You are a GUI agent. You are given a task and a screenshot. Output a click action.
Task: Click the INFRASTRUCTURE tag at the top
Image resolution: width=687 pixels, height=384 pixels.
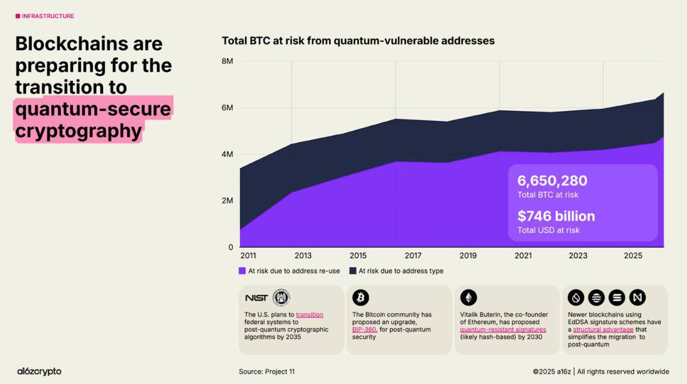[48, 16]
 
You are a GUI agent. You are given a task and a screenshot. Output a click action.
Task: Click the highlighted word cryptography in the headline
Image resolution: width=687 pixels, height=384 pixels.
[78, 131]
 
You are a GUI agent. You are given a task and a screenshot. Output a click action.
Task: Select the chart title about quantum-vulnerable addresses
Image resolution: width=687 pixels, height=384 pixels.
[358, 41]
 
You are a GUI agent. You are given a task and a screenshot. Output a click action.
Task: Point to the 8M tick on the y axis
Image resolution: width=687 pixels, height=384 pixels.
[227, 61]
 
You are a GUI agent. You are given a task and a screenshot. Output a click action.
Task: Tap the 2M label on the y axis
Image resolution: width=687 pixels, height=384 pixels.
[227, 201]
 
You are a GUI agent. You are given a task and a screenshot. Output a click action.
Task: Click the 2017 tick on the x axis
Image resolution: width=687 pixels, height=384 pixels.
[413, 255]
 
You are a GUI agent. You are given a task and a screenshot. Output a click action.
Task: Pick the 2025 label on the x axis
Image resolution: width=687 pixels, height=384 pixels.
[633, 255]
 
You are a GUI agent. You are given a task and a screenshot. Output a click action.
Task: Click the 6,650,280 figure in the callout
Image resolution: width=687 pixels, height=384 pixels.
[552, 181]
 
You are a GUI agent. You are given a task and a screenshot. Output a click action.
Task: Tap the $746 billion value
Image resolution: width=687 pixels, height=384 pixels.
[556, 216]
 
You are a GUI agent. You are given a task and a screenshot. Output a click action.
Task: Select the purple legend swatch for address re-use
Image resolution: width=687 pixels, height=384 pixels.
[242, 271]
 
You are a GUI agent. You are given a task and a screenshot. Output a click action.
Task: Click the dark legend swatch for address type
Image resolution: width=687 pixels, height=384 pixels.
[353, 271]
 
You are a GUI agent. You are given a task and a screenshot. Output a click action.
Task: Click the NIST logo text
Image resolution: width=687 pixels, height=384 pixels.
[256, 298]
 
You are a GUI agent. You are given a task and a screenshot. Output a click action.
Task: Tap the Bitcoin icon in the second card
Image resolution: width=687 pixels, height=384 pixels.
[361, 298]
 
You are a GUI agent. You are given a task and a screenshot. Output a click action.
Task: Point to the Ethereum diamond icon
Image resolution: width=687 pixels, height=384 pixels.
[468, 298]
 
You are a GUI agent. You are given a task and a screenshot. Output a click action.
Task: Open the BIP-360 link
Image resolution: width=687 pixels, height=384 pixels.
[364, 330]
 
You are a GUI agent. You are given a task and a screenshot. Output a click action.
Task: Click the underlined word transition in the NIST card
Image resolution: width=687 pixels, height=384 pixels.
[309, 315]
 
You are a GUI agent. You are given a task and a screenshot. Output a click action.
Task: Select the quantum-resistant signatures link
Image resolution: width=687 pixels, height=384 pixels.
[503, 330]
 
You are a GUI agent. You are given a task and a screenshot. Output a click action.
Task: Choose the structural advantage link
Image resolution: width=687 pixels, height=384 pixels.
[603, 330]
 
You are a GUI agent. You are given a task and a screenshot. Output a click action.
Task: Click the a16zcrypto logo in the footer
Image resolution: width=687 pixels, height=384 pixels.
[38, 371]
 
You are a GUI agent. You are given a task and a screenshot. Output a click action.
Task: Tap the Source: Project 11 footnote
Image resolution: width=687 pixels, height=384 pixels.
[267, 371]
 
